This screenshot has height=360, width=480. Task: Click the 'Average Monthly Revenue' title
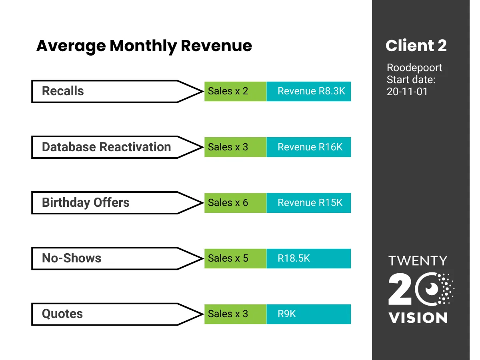(x=144, y=46)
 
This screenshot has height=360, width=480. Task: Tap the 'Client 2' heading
(x=416, y=46)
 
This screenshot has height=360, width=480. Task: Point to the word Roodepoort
(x=414, y=68)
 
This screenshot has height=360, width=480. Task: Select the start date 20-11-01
(x=407, y=91)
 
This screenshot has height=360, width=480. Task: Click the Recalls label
(x=63, y=91)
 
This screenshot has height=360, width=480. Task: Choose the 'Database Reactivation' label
(x=106, y=147)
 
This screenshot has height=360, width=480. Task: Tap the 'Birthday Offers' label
(x=86, y=202)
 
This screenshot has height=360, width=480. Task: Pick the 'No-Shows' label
(x=72, y=258)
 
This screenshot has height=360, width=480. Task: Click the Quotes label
(x=62, y=314)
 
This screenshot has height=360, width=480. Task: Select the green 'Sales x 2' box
(x=236, y=91)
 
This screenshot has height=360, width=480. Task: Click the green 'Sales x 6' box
(x=236, y=203)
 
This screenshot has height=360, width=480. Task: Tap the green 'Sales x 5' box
(x=236, y=258)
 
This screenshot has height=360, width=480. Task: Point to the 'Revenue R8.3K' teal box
(x=309, y=91)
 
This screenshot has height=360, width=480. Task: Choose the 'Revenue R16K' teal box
(x=309, y=147)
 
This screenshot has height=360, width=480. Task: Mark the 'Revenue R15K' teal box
(x=309, y=203)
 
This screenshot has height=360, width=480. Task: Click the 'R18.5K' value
(x=294, y=258)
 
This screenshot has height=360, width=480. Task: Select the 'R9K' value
(x=287, y=314)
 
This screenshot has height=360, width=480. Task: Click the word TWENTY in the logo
(x=418, y=261)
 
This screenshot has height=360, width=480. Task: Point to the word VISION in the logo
(x=418, y=318)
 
